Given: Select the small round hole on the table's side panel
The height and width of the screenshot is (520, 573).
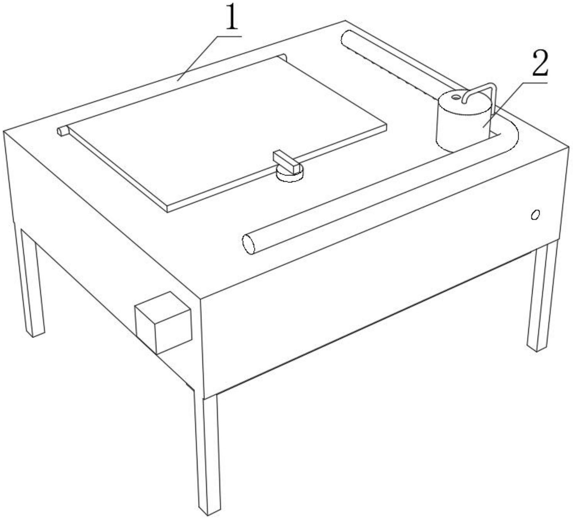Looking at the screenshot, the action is [535, 215].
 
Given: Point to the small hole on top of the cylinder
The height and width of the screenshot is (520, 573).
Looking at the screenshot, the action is [456, 97].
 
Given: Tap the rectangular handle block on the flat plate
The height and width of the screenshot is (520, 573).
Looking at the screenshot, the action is [287, 161].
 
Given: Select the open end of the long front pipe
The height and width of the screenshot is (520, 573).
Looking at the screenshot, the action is [248, 245].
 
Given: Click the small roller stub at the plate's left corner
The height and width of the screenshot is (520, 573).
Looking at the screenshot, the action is [63, 131].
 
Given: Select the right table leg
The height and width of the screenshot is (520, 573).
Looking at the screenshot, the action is [543, 297].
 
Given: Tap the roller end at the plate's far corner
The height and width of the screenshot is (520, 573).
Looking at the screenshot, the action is [283, 57].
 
